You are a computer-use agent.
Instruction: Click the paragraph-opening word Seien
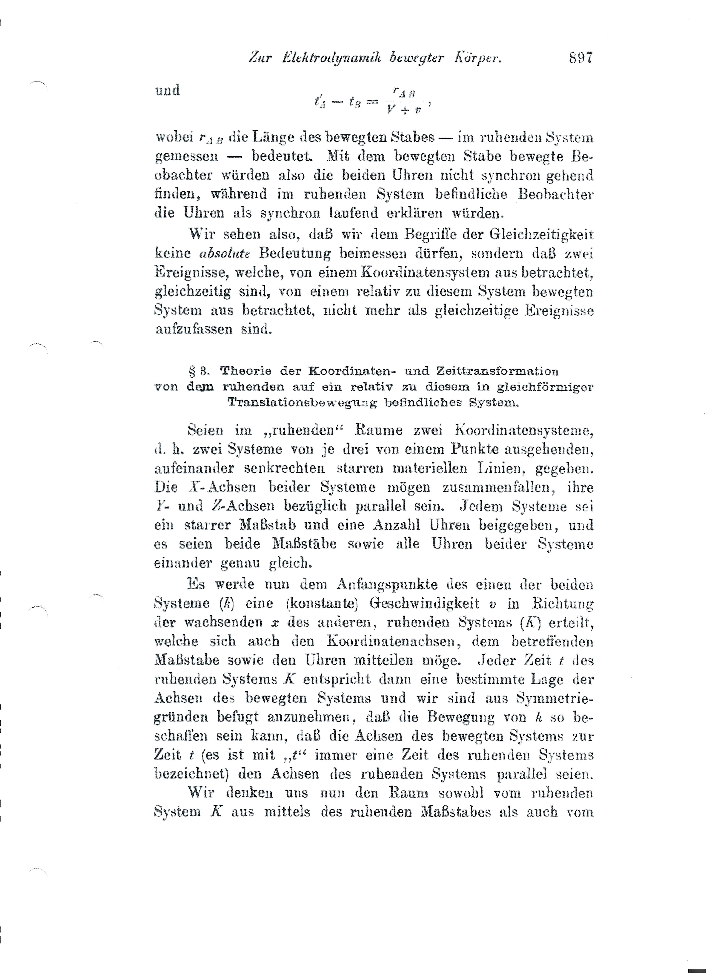[x=206, y=430]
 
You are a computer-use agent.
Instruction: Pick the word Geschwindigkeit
[x=424, y=603]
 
